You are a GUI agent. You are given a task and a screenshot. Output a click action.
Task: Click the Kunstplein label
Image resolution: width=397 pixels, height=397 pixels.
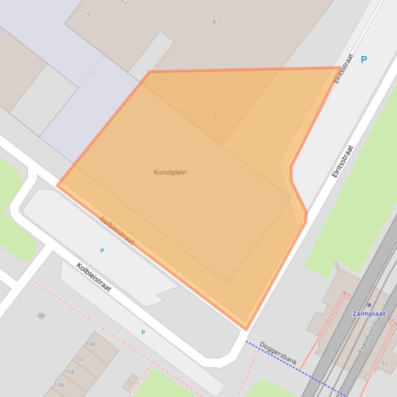(x=170, y=172)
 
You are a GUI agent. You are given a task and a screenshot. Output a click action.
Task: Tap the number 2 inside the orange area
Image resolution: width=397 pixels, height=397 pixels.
(x=215, y=114)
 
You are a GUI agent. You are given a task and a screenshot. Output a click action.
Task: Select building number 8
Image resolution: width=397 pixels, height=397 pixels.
(x=214, y=23)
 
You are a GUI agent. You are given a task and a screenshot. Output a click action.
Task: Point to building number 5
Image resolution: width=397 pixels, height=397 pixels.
(x=88, y=14)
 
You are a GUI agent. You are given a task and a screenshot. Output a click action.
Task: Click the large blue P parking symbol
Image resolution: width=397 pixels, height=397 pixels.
(x=363, y=60)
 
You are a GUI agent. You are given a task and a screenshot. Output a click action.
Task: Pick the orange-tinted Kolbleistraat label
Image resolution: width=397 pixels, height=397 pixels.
(x=117, y=230)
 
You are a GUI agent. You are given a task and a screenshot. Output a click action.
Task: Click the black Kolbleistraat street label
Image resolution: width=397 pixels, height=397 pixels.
(x=93, y=277)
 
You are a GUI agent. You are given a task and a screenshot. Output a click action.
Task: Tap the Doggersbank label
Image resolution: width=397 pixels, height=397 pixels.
(x=278, y=353)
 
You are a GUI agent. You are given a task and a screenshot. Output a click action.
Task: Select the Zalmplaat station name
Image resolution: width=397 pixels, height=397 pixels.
(x=369, y=313)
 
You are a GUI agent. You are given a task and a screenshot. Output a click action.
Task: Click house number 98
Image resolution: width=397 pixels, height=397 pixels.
(x=41, y=316)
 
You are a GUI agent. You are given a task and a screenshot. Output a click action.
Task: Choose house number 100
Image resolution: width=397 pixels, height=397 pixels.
(x=90, y=344)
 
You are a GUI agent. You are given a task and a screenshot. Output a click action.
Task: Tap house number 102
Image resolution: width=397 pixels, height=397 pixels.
(x=80, y=358)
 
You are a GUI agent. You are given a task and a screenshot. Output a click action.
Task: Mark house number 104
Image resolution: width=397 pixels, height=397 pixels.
(x=69, y=371)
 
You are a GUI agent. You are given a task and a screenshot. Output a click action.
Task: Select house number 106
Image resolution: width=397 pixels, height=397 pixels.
(x=59, y=385)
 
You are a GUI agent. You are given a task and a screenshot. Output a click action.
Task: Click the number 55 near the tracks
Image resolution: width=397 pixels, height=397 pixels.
(x=385, y=363)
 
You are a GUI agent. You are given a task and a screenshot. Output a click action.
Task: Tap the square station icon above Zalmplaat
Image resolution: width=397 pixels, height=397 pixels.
(x=369, y=305)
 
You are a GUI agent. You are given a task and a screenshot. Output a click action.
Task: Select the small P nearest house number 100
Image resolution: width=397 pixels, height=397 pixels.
(x=143, y=333)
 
